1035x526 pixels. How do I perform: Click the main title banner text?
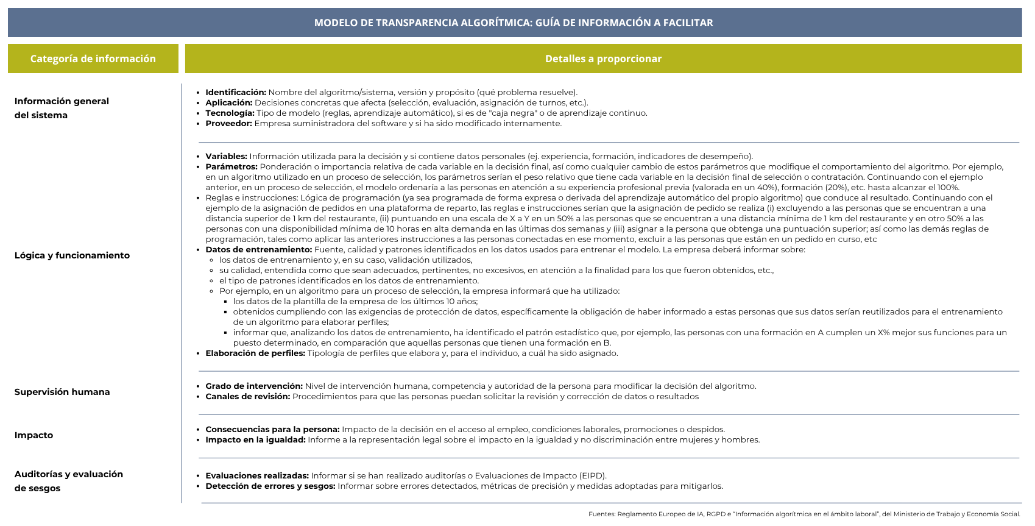(514, 23)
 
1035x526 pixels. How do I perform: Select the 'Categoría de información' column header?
(93, 59)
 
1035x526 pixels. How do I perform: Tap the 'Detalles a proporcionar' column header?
(603, 59)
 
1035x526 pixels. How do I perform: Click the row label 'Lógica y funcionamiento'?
(72, 255)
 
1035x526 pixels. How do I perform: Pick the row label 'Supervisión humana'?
(62, 392)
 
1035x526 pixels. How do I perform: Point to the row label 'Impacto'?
(34, 435)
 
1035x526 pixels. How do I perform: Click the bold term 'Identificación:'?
(236, 93)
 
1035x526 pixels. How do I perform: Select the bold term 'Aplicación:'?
(228, 103)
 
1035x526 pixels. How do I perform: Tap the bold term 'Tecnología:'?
(230, 113)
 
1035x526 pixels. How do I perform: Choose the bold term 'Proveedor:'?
(228, 124)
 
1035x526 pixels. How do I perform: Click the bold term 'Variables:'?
(226, 157)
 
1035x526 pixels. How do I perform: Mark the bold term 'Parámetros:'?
(231, 167)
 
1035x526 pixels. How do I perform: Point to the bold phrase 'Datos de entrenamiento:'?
(258, 250)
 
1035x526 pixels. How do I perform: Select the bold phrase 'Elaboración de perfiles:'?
(255, 354)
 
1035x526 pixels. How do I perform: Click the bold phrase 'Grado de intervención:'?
(254, 386)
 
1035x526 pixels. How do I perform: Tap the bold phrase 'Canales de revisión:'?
(247, 397)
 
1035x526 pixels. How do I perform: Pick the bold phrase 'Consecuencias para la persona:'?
(272, 430)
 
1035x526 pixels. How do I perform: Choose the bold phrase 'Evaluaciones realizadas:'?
(257, 476)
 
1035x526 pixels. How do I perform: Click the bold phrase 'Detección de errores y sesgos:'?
(270, 486)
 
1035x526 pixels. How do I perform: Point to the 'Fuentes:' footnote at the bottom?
(804, 514)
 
